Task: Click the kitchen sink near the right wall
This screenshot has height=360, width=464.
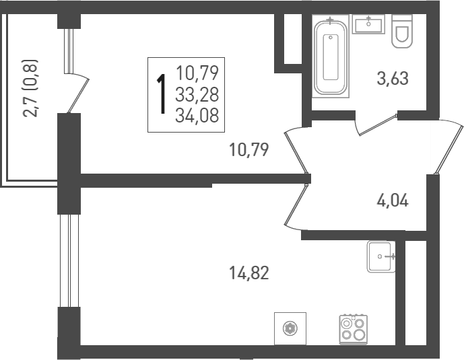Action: pyautogui.click(x=381, y=256)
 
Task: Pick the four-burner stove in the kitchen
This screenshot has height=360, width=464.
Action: pyautogui.click(x=353, y=329)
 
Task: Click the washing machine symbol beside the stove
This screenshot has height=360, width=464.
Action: pyautogui.click(x=290, y=328)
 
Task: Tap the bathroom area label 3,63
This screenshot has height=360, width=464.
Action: pyautogui.click(x=392, y=79)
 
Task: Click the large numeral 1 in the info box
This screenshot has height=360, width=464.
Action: pyautogui.click(x=162, y=96)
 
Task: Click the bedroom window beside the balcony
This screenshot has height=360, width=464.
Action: pyautogui.click(x=67, y=50)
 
